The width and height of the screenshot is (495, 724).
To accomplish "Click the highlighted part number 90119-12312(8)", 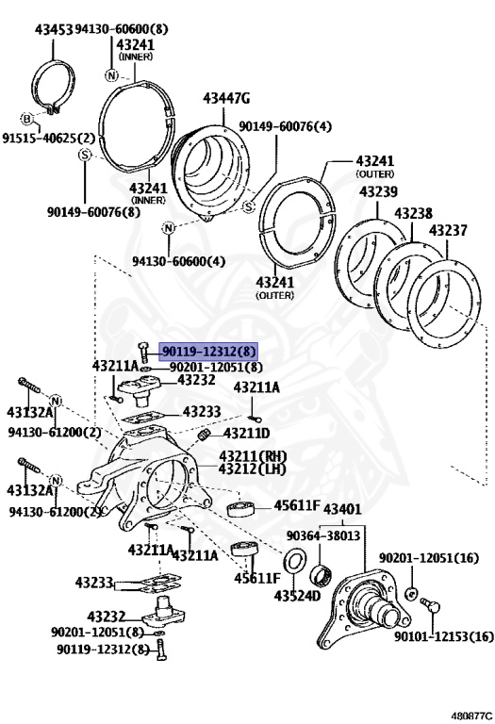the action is (208, 352).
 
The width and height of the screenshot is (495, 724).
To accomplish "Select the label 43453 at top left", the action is (54, 29).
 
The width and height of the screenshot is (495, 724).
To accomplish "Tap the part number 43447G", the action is (226, 98).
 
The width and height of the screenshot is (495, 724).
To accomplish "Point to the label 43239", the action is (378, 191).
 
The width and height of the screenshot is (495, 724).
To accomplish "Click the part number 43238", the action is (413, 213).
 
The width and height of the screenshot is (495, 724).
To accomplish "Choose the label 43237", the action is (448, 230).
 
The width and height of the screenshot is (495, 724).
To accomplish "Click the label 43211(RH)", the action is (253, 456).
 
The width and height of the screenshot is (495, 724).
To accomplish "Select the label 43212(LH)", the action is (252, 469).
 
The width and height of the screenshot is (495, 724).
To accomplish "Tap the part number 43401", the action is (342, 509).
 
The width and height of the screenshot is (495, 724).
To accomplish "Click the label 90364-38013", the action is (322, 535).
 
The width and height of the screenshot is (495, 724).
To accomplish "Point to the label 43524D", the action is (297, 596).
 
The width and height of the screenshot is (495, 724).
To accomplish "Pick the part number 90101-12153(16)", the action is (444, 636).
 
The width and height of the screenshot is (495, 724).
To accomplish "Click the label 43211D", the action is (247, 433).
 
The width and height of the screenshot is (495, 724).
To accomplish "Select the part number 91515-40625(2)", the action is (48, 138).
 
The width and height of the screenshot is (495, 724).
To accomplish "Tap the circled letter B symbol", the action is (27, 119).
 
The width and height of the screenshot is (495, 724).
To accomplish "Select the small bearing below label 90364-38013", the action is (321, 574).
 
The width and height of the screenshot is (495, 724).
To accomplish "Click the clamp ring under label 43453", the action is (54, 88).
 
